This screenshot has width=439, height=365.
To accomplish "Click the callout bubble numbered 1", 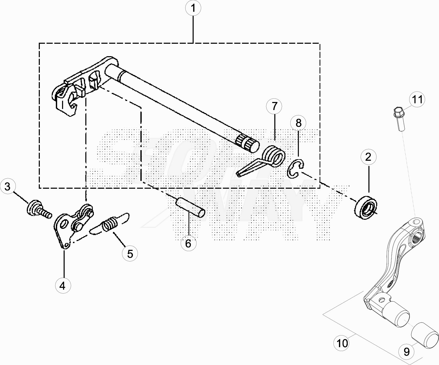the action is click(193, 8).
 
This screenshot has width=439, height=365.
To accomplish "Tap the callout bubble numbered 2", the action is click(368, 157).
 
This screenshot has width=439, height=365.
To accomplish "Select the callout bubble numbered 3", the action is click(8, 186).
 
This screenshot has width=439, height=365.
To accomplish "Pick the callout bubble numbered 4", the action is click(63, 286).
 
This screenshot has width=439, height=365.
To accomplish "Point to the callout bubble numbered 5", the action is click(130, 253).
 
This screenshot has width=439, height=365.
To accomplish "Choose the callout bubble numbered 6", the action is click(188, 243).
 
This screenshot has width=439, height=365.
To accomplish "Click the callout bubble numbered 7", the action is click(274, 106).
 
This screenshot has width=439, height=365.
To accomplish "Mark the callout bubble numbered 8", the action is click(298, 123).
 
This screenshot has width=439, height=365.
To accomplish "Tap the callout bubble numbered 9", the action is click(406, 352).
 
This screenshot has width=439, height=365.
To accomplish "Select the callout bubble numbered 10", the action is click(342, 343).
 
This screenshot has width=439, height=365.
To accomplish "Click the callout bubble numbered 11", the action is click(417, 99).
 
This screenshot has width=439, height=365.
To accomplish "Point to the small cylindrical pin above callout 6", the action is click(191, 207).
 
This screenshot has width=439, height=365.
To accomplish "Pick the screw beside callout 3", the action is click(39, 209).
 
